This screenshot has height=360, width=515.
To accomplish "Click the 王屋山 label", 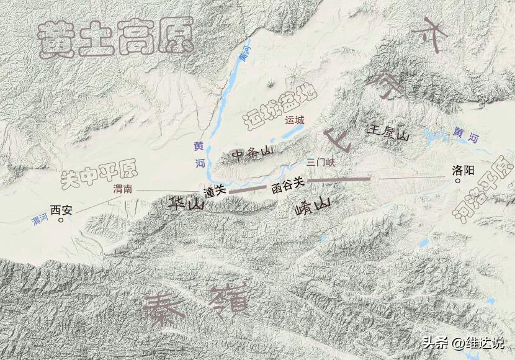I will coord(389,132).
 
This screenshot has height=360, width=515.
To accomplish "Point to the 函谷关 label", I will coord(289,183).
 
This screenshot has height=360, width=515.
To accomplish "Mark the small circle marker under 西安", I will coord(61,218).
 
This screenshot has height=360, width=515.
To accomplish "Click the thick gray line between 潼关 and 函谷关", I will coord(246,190).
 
